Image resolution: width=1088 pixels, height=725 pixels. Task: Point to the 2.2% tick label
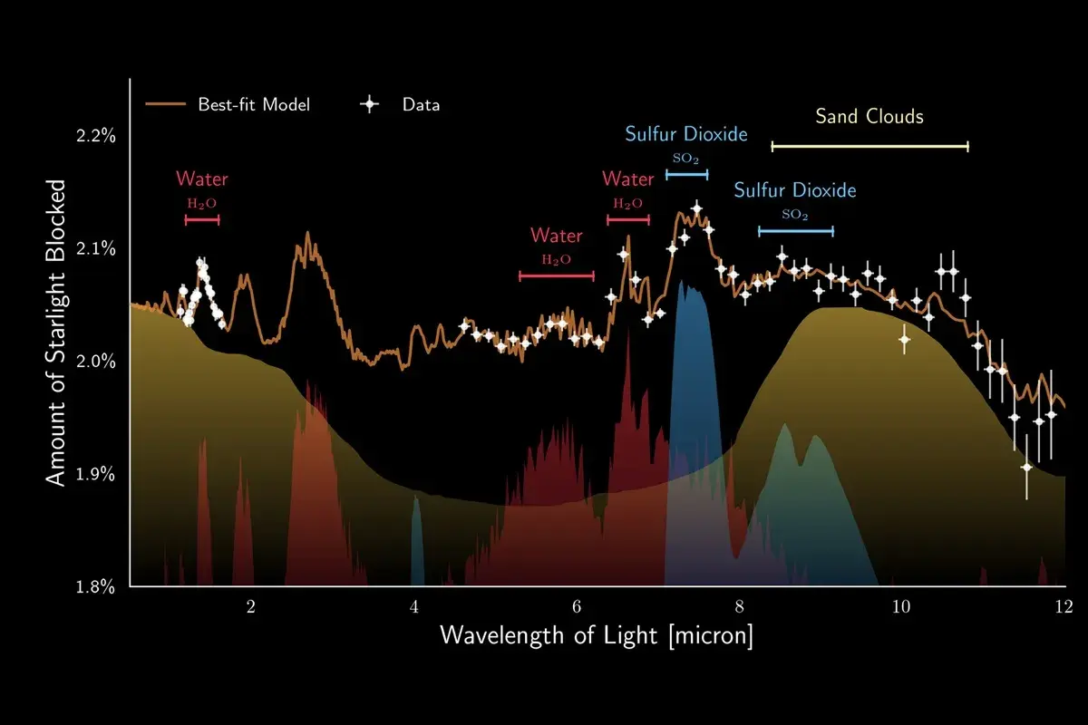point(96,136)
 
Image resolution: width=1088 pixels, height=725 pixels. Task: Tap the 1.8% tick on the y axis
point(96,586)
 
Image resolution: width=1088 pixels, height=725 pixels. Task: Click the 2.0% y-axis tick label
point(96,362)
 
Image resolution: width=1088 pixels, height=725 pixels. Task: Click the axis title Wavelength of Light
point(597,635)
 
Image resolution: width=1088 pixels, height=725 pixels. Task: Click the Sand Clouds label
point(869,116)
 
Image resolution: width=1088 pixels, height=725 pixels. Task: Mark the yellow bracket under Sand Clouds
point(869,146)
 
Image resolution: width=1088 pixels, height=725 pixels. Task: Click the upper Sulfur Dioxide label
point(686,134)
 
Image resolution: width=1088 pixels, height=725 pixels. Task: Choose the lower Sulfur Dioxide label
point(794,190)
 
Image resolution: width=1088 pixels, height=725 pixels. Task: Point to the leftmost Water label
point(201,179)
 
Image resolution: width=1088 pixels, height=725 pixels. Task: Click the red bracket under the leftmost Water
point(201,219)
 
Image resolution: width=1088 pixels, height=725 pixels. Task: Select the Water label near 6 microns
point(556,236)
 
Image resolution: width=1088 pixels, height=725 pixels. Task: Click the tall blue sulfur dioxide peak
point(691,362)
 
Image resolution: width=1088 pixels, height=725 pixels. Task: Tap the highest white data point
point(696,208)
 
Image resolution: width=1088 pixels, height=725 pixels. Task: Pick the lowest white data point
point(1026,467)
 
